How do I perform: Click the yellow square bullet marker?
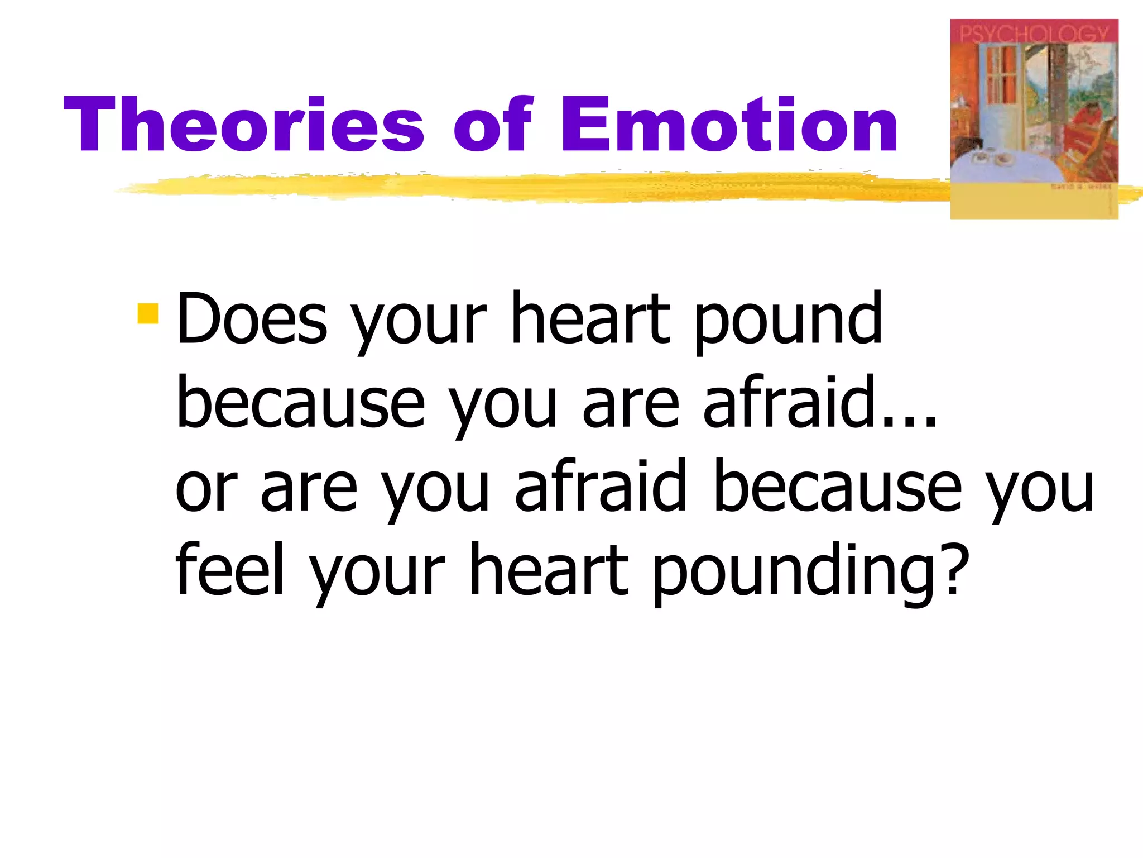coord(148,313)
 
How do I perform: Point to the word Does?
coord(252,320)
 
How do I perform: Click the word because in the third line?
coord(837,487)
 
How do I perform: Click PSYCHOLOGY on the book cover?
coord(1034,34)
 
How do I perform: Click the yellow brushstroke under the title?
coord(502,187)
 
